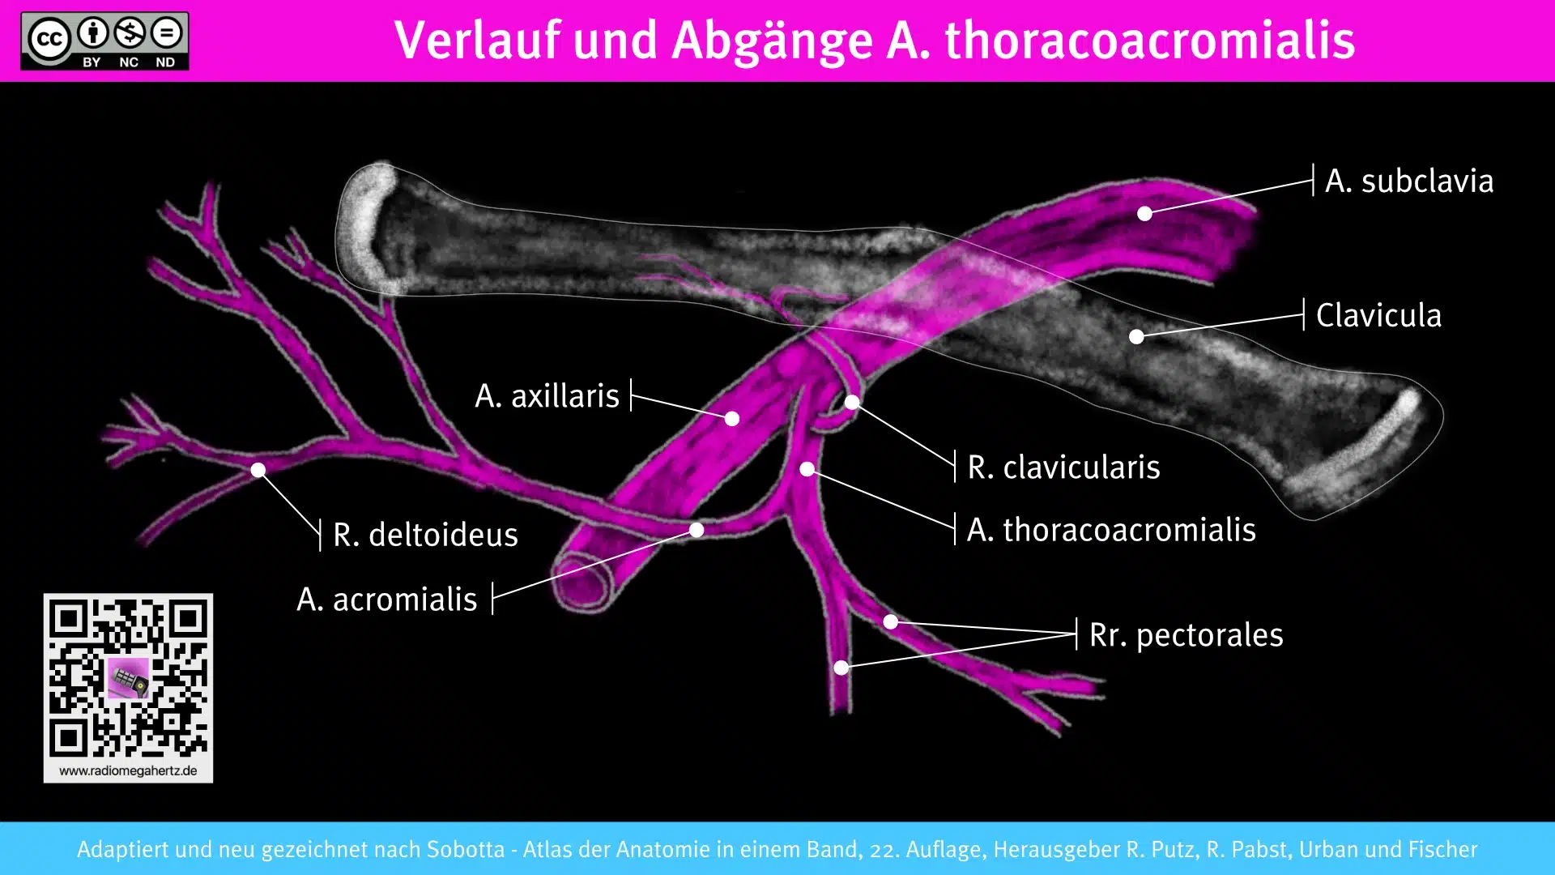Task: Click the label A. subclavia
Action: tap(1408, 181)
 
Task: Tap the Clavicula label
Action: tap(1378, 315)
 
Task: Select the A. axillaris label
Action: tap(547, 396)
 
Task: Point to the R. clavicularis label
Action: tap(1063, 467)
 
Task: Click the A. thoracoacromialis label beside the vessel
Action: tap(1111, 530)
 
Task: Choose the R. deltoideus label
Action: tap(425, 535)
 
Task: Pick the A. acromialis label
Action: tap(387, 600)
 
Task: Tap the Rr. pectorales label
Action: tap(1186, 635)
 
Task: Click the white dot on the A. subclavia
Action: tap(1144, 214)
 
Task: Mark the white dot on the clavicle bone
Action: tap(1137, 336)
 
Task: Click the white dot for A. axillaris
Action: tap(732, 419)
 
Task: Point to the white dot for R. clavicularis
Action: tap(852, 402)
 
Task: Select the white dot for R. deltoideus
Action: tap(258, 470)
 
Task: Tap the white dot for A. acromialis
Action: tap(697, 530)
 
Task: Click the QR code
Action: tap(128, 677)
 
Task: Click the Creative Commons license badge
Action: tap(104, 41)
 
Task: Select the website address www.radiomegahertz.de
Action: tap(128, 771)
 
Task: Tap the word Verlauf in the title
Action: tap(477, 41)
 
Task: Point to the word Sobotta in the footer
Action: tap(466, 849)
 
